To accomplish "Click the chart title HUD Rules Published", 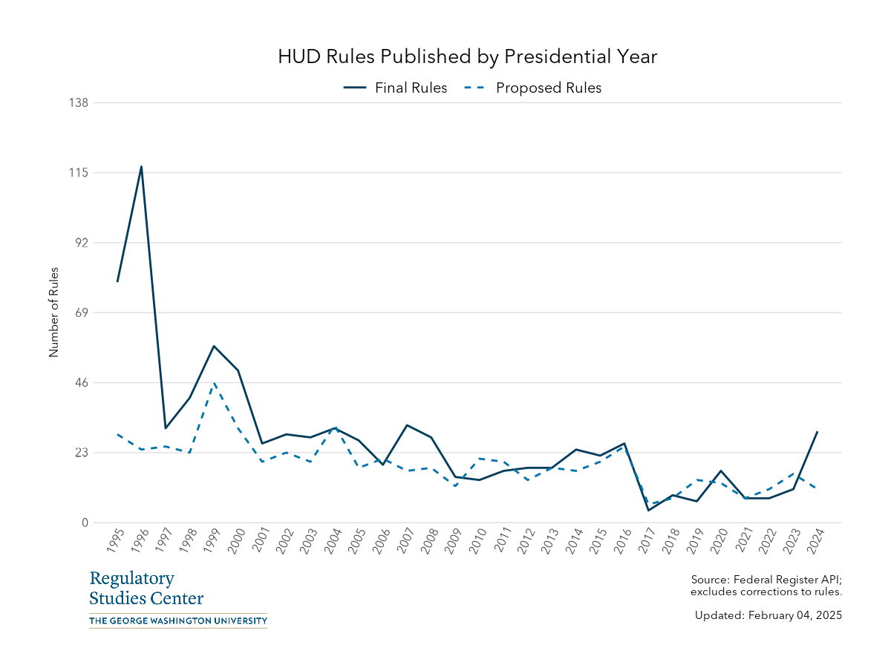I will (x=468, y=57).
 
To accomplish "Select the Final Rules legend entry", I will (x=396, y=88).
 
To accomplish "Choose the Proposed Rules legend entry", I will (x=532, y=88).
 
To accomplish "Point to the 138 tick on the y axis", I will (x=78, y=102).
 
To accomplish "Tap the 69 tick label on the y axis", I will (x=80, y=312).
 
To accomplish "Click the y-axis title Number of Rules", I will (x=53, y=312).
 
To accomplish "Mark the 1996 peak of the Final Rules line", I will (x=141, y=166).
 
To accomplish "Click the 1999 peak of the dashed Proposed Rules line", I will (x=214, y=383).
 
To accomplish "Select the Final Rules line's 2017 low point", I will (x=648, y=510).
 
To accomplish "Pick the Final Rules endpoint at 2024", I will (x=817, y=431).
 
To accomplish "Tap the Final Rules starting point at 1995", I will (x=117, y=281).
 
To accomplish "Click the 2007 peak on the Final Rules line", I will (x=407, y=425).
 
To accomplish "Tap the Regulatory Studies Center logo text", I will (x=146, y=589).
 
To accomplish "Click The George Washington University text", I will (x=177, y=620).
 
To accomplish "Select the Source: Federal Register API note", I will (x=766, y=586).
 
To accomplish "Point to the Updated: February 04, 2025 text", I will (x=768, y=615).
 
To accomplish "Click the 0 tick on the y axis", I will (x=85, y=523).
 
